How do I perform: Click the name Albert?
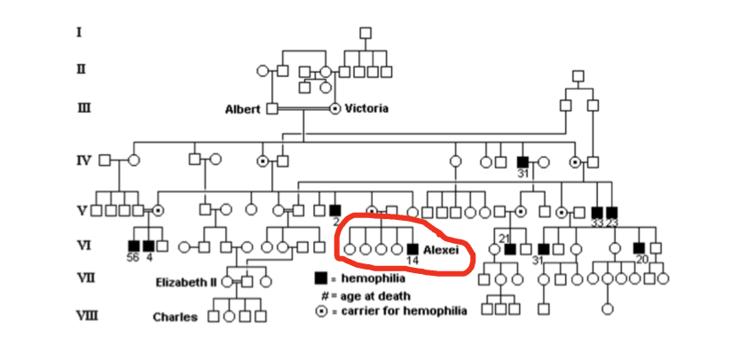click(242, 109)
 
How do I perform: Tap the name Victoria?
click(366, 109)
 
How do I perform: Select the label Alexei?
click(441, 250)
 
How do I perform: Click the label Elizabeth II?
click(186, 282)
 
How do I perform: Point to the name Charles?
click(175, 317)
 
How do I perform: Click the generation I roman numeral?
click(79, 32)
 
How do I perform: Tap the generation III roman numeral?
click(83, 108)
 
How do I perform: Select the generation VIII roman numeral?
click(86, 316)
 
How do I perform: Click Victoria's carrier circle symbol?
click(335, 108)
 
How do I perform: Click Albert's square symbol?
click(272, 108)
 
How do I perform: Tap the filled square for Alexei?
click(413, 249)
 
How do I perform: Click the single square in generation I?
click(365, 33)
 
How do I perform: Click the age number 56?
click(134, 259)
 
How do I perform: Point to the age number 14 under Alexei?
click(412, 261)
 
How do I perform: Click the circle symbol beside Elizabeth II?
click(229, 281)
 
